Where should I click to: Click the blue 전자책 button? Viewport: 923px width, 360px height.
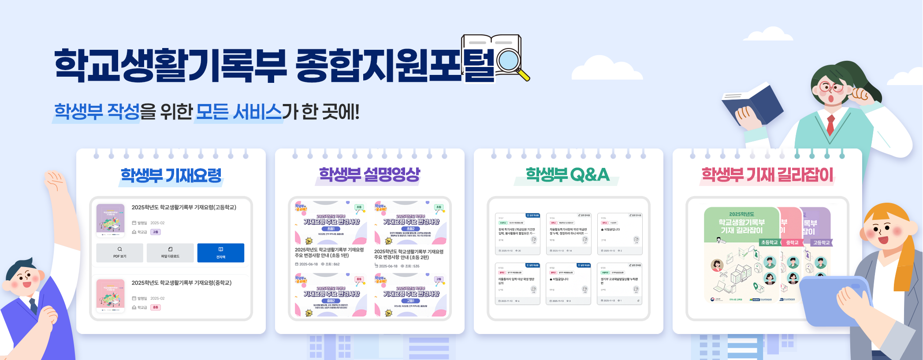click(x=220, y=253)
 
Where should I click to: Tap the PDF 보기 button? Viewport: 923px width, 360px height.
click(x=119, y=253)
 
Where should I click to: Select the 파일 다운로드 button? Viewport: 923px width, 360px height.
click(x=170, y=253)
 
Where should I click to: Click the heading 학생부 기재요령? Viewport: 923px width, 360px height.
click(x=171, y=175)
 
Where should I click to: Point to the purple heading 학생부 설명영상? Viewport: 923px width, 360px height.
click(x=369, y=174)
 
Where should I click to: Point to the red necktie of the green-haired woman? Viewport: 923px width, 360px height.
click(x=830, y=124)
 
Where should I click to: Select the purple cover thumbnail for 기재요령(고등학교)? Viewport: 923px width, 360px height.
click(x=110, y=220)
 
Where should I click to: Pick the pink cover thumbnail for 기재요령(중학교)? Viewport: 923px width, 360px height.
click(x=110, y=296)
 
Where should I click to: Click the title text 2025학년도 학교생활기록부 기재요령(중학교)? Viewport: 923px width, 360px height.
click(x=181, y=283)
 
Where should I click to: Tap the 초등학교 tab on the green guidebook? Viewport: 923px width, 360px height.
click(x=769, y=242)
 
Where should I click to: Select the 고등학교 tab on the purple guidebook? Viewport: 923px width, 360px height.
click(x=821, y=242)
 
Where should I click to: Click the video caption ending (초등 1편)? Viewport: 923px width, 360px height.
click(x=329, y=252)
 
